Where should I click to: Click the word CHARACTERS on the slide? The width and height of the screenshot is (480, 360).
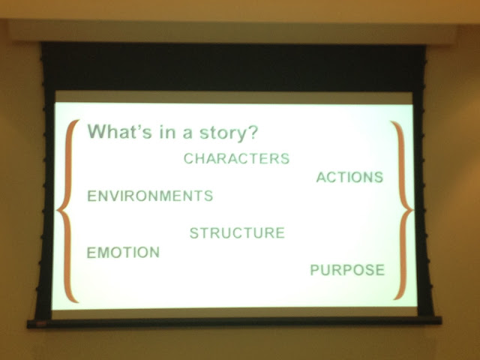236,158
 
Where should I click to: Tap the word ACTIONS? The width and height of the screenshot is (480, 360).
349,177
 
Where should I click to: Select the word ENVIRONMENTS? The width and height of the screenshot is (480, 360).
150,196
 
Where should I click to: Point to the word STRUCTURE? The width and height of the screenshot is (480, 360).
237,233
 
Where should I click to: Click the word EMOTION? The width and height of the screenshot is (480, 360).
123,253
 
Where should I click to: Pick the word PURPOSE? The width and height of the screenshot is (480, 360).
347,270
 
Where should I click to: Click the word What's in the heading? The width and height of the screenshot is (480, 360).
120,131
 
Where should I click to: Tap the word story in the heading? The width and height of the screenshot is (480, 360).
223,133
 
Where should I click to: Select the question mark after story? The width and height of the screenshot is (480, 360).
253,132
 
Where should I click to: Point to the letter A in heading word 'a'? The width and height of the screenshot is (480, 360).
187,134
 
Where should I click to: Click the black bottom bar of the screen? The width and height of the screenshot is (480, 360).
234,322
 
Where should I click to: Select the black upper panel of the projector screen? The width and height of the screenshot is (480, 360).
233,67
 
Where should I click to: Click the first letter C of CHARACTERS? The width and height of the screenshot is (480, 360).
189,158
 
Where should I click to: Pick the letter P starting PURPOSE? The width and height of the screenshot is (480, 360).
315,270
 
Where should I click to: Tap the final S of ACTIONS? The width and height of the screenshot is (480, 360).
379,177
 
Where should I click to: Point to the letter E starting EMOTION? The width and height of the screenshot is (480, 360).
91,253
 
